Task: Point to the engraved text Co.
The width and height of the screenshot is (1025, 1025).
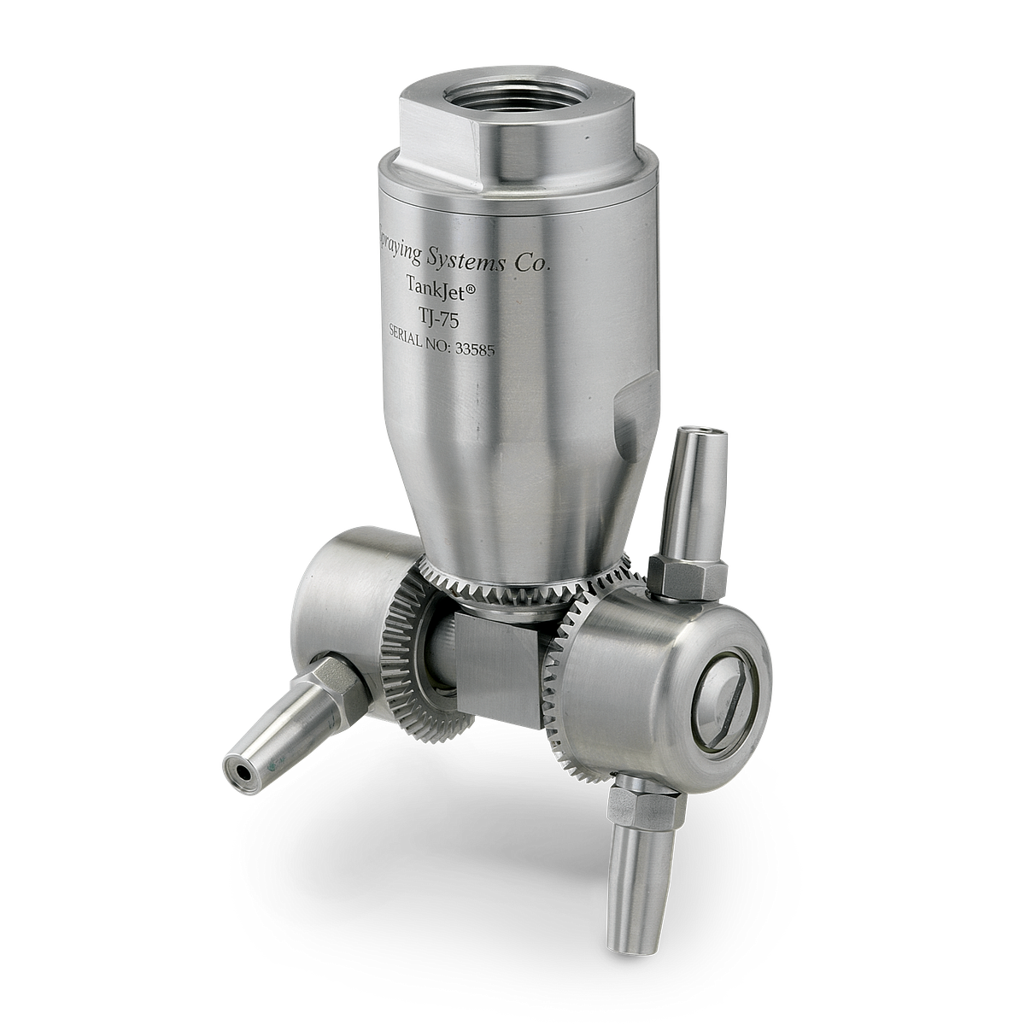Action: click(x=531, y=264)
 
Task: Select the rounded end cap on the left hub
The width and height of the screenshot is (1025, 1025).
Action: click(x=333, y=589)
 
